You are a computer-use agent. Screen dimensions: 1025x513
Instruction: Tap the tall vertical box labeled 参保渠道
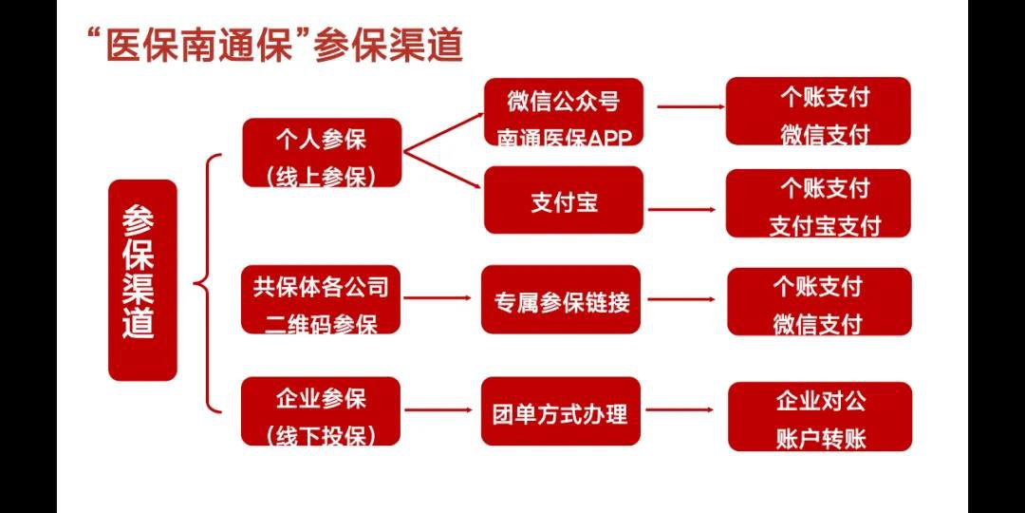click(x=142, y=280)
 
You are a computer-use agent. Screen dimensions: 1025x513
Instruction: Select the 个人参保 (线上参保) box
click(x=322, y=153)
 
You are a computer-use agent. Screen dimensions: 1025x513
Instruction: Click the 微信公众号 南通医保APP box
click(x=564, y=112)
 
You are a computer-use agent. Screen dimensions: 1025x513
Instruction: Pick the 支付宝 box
click(x=564, y=199)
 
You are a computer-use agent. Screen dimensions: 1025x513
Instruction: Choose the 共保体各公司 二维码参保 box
click(x=321, y=299)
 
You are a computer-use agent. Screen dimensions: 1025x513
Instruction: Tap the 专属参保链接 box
click(x=561, y=299)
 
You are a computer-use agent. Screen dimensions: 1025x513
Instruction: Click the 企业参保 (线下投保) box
click(x=321, y=411)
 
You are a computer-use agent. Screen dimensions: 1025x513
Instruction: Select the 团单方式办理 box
click(x=561, y=411)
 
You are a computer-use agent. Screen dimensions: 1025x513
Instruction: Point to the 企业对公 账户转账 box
click(x=820, y=417)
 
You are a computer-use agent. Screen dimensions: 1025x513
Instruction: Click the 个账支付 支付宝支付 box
click(x=818, y=203)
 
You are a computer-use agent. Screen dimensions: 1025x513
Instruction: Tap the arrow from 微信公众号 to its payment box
click(x=690, y=106)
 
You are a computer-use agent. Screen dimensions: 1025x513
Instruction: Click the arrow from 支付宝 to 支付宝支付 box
click(x=682, y=210)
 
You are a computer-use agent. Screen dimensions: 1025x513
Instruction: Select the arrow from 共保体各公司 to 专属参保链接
click(x=438, y=298)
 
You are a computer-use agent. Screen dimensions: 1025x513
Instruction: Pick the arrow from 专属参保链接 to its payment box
click(x=681, y=299)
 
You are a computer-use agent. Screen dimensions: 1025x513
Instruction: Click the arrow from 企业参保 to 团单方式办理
click(x=438, y=410)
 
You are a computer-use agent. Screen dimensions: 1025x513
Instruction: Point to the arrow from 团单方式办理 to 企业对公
click(x=680, y=410)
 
